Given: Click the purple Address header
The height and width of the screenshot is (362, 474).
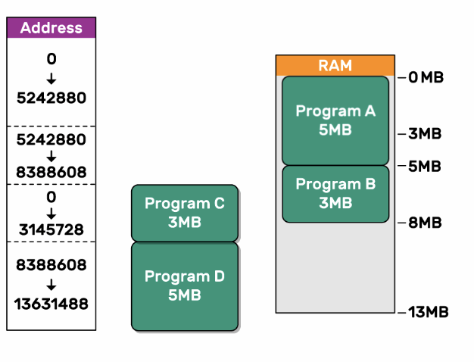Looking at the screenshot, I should [51, 28].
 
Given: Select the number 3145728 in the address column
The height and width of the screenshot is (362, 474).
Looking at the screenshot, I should [51, 229].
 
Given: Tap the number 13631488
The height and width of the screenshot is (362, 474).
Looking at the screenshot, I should [51, 304].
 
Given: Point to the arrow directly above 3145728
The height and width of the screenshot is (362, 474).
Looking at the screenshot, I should [51, 213].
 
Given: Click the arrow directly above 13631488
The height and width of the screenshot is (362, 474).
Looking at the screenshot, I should [51, 285].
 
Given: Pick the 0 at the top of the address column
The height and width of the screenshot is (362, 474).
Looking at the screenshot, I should [51, 59].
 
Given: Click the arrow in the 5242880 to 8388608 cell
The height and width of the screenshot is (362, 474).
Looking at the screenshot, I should [51, 156].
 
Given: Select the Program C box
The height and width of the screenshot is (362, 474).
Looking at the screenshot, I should [185, 213].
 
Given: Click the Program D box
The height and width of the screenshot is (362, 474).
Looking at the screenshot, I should [185, 286].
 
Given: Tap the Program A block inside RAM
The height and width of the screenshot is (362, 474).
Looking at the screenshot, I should [335, 120].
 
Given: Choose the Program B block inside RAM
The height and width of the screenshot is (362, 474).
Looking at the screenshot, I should [335, 193].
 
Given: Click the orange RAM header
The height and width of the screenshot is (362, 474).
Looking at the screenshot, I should [335, 65].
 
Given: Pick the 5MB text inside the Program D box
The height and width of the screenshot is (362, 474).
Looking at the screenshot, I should [185, 295].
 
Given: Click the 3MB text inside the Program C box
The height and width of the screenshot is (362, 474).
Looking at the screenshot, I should [185, 222].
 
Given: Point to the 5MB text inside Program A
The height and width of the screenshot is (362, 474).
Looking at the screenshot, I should [335, 130].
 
